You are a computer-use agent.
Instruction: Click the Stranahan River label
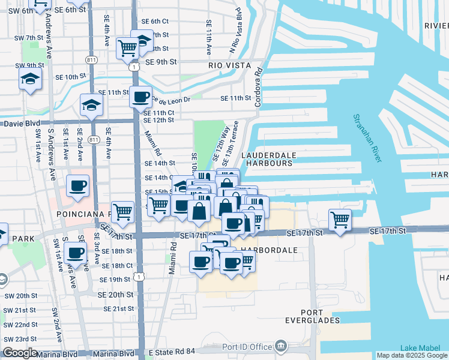coord(367,138)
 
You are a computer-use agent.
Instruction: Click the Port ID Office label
coord(247,346)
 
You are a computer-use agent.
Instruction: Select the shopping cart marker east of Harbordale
coord(340,218)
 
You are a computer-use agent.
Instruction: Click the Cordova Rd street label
coord(259,86)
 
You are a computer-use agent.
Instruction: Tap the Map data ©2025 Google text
coord(412,355)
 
